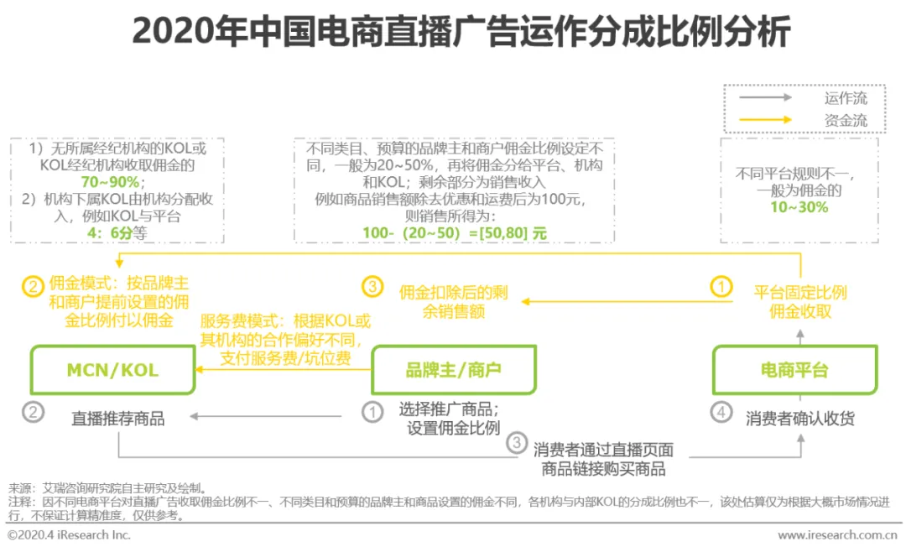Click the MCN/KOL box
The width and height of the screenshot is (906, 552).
(112, 370)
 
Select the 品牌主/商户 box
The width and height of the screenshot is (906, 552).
(453, 370)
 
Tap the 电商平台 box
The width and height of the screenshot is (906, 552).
(794, 370)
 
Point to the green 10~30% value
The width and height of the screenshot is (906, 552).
(799, 206)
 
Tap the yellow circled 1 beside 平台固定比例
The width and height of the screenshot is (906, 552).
(721, 287)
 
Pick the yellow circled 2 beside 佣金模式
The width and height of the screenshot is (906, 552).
(32, 287)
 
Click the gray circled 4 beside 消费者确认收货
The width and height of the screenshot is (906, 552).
(721, 413)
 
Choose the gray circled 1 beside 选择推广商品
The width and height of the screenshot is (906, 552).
(372, 412)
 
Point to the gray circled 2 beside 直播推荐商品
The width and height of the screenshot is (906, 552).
(32, 413)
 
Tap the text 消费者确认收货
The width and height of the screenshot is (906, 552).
(800, 418)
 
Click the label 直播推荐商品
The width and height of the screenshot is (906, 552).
(118, 418)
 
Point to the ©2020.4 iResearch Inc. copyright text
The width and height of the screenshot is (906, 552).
(69, 534)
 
